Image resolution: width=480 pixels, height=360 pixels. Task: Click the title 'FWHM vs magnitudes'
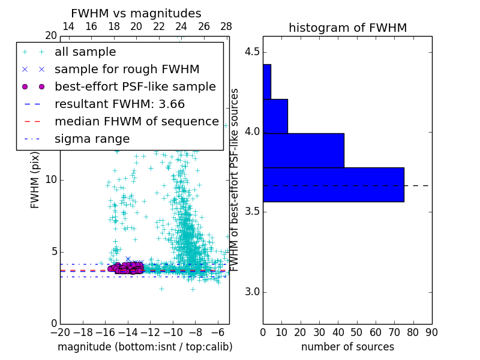(x=136, y=13)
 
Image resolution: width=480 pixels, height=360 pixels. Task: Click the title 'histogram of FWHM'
(x=347, y=28)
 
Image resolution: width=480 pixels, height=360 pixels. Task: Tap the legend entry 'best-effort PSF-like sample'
(x=135, y=87)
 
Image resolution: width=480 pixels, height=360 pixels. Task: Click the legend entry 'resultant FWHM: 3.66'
(x=119, y=104)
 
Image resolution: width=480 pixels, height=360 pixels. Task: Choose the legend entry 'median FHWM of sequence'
(x=136, y=122)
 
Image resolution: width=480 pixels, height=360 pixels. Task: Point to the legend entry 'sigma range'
(x=92, y=139)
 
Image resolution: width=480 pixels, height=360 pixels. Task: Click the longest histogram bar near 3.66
(x=333, y=185)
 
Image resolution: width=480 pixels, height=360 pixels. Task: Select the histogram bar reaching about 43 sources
(x=303, y=151)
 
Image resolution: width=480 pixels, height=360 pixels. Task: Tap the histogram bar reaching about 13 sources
(x=275, y=116)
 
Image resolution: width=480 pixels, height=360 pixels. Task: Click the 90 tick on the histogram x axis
(x=431, y=332)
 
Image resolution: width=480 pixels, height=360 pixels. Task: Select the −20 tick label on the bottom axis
(x=60, y=332)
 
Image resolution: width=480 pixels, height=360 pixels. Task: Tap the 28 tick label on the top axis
(x=226, y=27)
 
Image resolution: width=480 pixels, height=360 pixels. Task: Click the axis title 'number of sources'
(x=347, y=347)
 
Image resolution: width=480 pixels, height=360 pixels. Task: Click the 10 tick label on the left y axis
(x=51, y=179)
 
